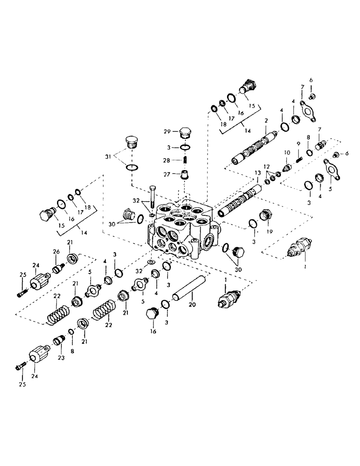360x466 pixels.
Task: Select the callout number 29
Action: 173,132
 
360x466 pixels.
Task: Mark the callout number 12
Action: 266,166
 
